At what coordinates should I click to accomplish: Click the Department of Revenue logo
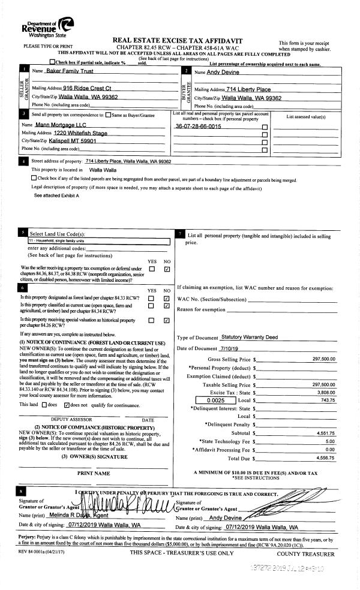click(x=47, y=26)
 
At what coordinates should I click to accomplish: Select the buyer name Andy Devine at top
click(x=223, y=72)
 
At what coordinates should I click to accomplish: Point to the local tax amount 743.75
click(x=328, y=400)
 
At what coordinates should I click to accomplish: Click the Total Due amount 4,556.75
click(x=325, y=457)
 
